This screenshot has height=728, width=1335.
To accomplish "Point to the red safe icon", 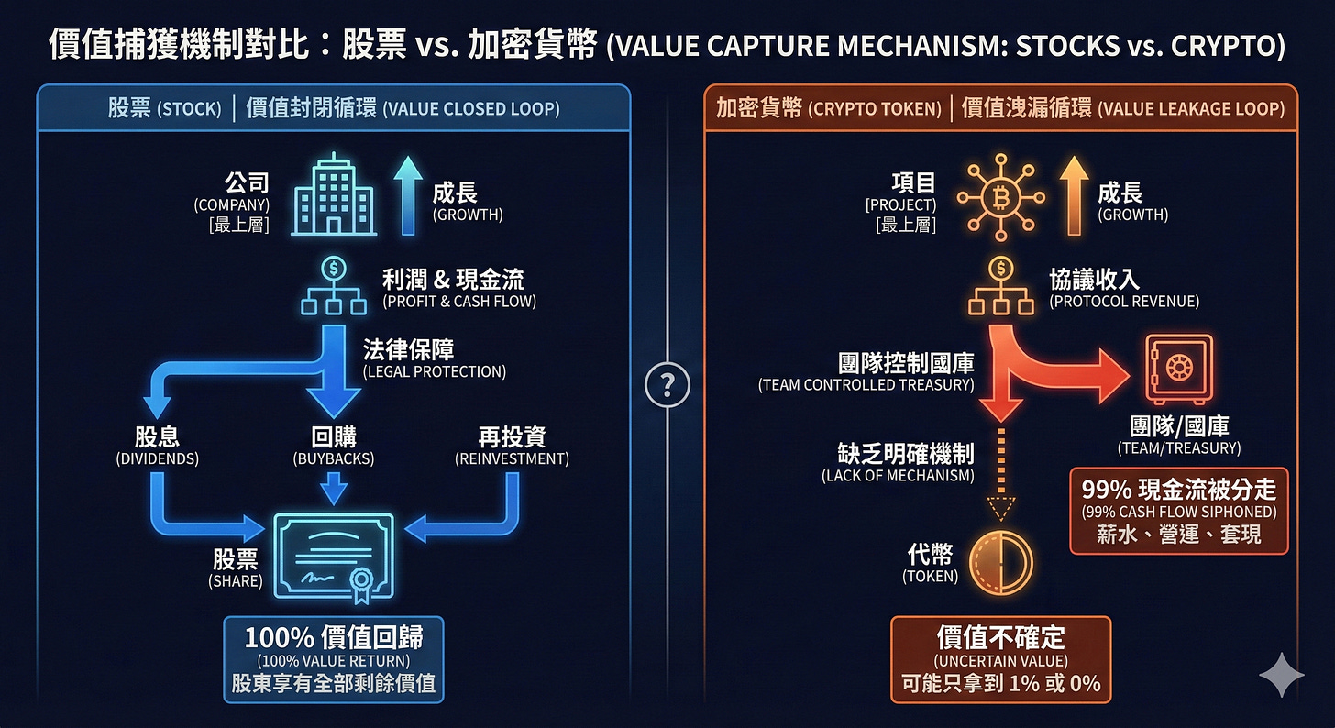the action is click(1178, 369).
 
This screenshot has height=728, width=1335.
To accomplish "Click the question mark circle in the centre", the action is click(667, 386).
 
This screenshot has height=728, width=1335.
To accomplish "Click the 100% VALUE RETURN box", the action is click(334, 658).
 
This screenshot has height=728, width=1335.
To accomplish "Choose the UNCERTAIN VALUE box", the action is click(1000, 659).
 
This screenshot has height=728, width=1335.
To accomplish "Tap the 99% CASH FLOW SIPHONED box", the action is click(1178, 511).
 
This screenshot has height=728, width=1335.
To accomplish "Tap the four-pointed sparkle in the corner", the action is click(1281, 676).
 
